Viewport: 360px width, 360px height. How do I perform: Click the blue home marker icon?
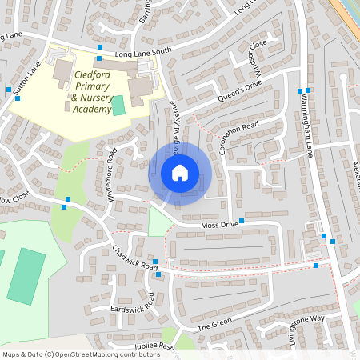(180, 173)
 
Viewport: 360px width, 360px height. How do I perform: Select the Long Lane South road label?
(143, 53)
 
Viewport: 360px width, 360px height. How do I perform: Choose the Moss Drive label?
(214, 226)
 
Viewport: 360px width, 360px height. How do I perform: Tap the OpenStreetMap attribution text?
(81, 354)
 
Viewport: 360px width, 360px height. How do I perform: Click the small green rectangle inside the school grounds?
(118, 105)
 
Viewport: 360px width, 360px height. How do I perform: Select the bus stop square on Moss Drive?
(241, 219)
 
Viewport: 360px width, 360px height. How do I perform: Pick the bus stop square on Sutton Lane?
(8, 89)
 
